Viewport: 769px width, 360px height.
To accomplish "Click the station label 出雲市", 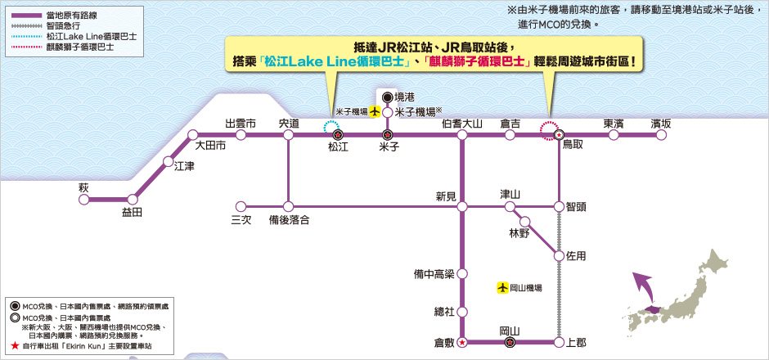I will click(x=241, y=124).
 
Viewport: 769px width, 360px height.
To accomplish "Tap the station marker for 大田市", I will click(x=193, y=135).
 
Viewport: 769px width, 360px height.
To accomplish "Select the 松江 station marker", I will click(x=338, y=135).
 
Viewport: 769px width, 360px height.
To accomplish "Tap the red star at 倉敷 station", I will click(x=462, y=342).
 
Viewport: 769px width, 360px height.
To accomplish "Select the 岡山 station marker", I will click(x=510, y=342).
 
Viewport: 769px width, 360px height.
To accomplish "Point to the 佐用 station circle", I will click(x=559, y=256).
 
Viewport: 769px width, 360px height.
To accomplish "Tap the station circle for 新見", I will click(x=461, y=206).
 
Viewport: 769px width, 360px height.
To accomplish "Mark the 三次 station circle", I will click(x=240, y=206).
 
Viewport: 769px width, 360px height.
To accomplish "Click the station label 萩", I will click(x=83, y=187).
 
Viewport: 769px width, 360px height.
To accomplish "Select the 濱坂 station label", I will click(x=661, y=124).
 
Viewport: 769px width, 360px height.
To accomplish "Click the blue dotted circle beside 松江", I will click(x=333, y=128).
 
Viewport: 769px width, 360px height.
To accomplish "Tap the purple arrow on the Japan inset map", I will click(x=643, y=289).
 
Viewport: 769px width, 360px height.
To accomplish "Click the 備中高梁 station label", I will click(x=434, y=274).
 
